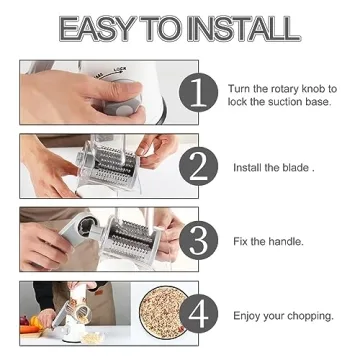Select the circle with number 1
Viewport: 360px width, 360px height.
point(199,95)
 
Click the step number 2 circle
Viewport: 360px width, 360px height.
point(199,166)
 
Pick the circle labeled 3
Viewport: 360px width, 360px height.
point(199,240)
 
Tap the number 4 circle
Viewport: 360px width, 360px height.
point(199,313)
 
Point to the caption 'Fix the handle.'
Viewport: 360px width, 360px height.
point(269,241)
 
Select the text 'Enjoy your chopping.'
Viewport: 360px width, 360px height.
point(284,315)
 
